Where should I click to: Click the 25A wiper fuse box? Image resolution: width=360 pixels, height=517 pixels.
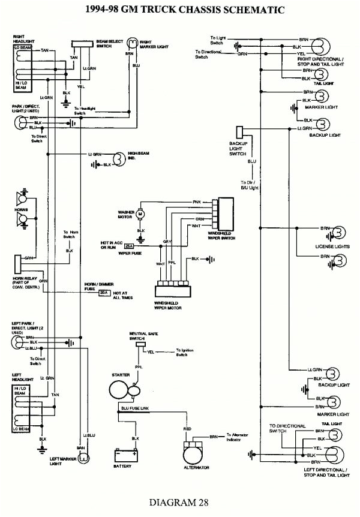pos(129,247)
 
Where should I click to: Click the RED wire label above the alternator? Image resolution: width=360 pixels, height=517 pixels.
pos(188,430)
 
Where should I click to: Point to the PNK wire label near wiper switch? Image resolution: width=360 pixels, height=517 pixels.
pos(196,202)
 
